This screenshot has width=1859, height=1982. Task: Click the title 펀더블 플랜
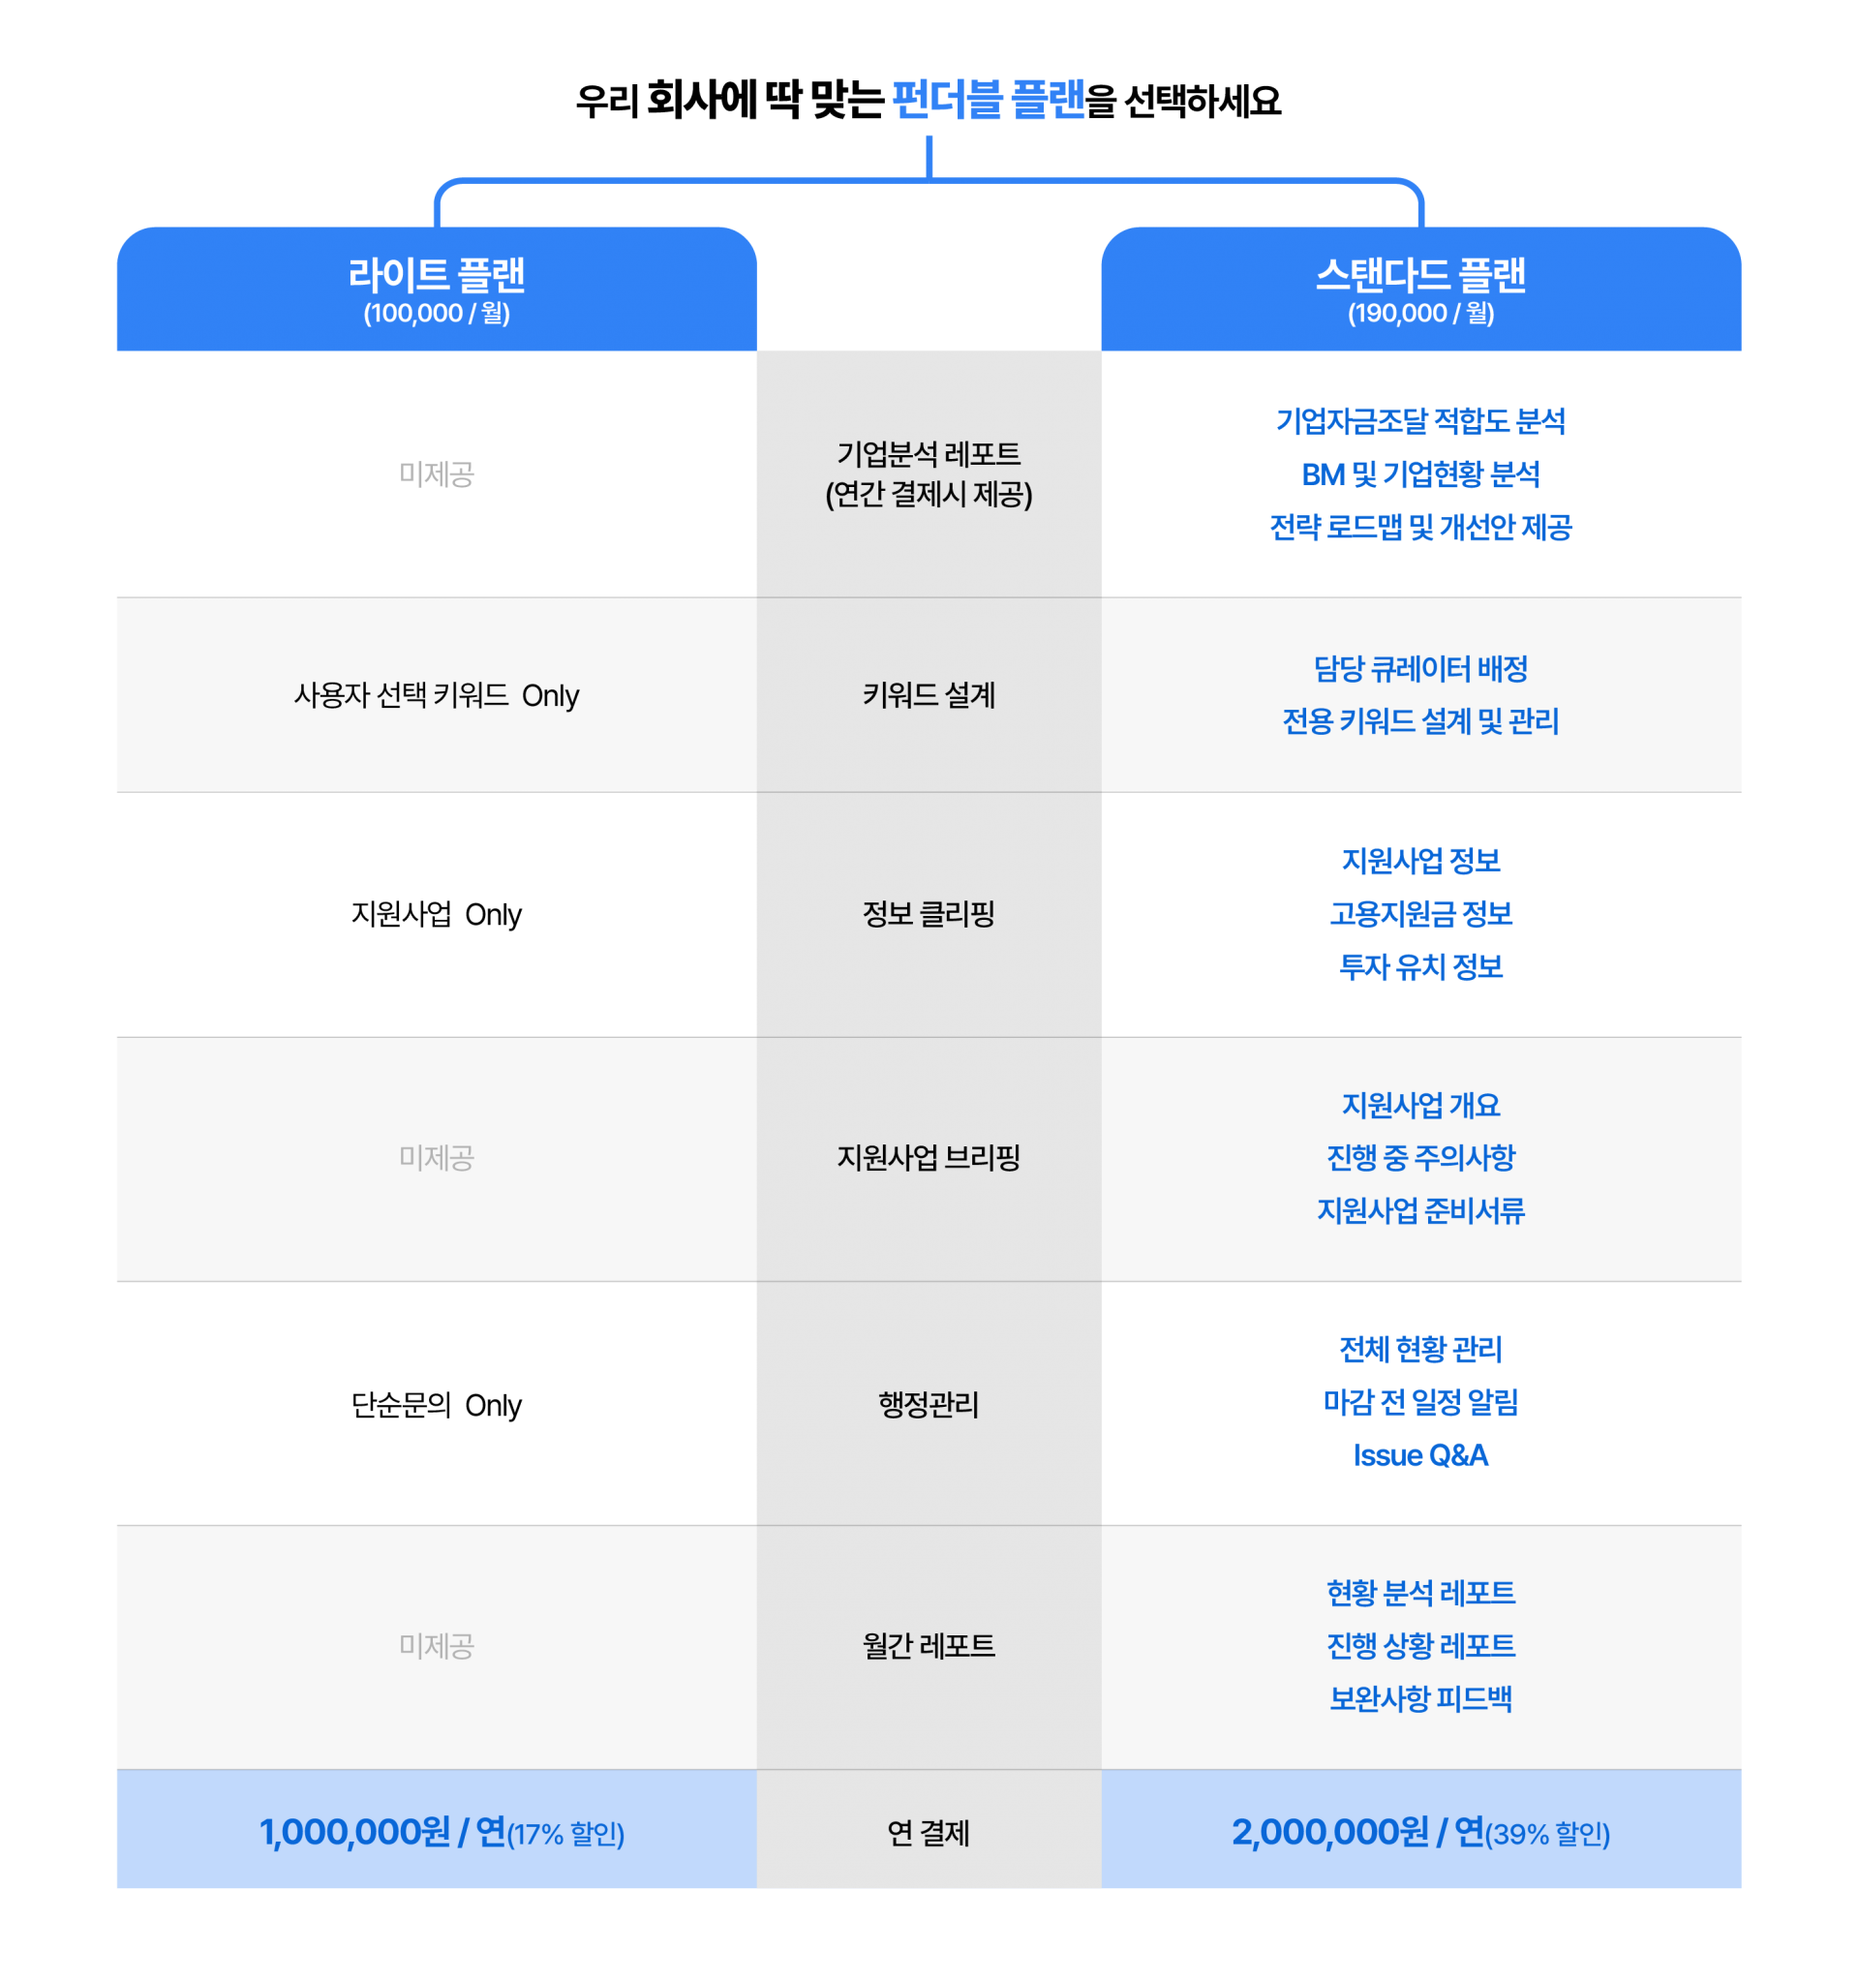[988, 100]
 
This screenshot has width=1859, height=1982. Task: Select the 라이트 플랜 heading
[437, 274]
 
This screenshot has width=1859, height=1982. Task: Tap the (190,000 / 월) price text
[1420, 313]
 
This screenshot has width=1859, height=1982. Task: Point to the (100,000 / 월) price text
[437, 313]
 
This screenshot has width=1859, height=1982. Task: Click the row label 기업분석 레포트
[928, 455]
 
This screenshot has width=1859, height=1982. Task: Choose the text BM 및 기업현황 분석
[1420, 474]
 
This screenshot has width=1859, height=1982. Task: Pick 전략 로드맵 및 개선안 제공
[1420, 528]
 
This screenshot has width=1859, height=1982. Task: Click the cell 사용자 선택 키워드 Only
[437, 695]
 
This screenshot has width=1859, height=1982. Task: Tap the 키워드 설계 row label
[928, 695]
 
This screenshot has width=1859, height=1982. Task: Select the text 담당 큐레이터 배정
[1420, 669]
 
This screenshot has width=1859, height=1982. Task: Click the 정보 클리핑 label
[928, 913]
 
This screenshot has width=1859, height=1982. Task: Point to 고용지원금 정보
[1420, 913]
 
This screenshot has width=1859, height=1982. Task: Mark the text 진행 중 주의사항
[1420, 1157]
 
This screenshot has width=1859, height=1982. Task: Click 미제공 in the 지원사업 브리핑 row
[437, 1157]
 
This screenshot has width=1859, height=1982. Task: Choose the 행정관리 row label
[928, 1404]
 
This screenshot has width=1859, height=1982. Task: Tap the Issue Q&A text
[1420, 1455]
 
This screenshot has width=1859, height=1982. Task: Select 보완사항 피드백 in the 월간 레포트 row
[1420, 1698]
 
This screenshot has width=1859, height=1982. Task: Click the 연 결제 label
[928, 1833]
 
